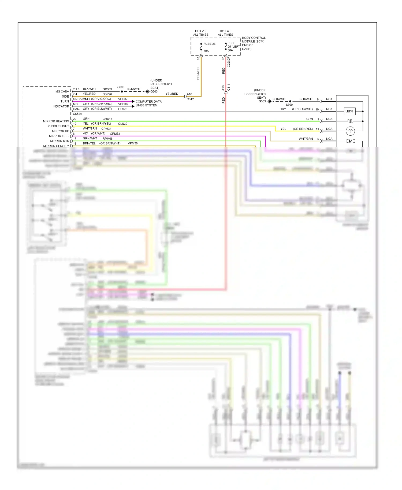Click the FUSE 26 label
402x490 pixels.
pos(209,44)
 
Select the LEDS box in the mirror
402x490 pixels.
pos(349,111)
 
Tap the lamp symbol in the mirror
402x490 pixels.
pos(350,131)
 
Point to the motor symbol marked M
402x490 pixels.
pos(351,141)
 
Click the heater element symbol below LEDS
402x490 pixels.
pos(350,121)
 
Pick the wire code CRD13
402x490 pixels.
pos(107,119)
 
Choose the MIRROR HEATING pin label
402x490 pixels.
pos(56,121)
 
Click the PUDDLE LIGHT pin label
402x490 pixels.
pos(58,126)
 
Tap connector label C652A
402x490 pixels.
pos(77,114)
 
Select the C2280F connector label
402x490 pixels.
pos(229,62)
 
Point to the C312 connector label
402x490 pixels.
pos(190,99)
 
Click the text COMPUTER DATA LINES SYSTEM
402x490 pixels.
pos(148,103)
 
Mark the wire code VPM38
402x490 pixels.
pos(133,143)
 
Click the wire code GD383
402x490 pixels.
pos(107,89)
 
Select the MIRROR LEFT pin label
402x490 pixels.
pos(59,136)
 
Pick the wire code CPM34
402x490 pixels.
pos(106,129)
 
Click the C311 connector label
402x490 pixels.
pos(229,87)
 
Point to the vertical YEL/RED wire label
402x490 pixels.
pos(198,74)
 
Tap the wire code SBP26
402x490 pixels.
pos(107,94)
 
